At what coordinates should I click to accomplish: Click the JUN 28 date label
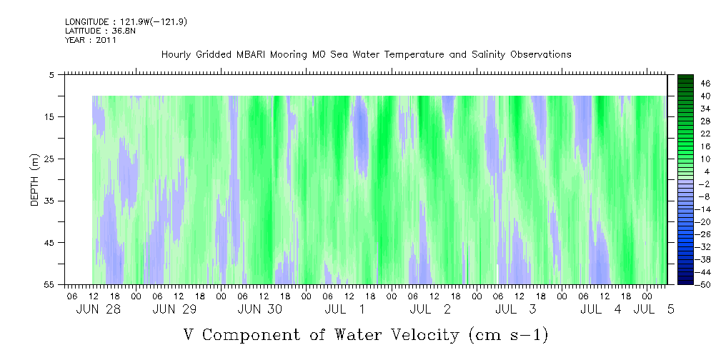tap(99, 309)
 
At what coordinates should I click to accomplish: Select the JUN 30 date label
tap(260, 309)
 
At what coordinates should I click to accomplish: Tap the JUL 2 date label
tap(430, 309)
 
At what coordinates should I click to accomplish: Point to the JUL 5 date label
tap(654, 309)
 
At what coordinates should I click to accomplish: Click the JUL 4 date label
tap(600, 309)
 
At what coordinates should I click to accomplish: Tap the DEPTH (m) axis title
tap(35, 180)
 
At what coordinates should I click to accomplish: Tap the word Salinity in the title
tap(488, 55)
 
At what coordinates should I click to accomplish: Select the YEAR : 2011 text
tap(91, 40)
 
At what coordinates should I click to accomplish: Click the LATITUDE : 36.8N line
tap(100, 31)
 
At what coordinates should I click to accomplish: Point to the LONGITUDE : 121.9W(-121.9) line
tap(126, 21)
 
